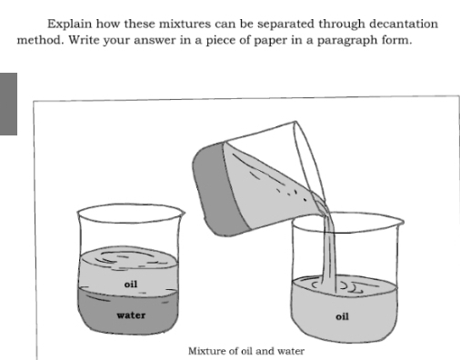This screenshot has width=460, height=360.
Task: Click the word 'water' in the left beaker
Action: point(131,315)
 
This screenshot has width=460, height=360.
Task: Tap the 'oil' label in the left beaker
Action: point(131,284)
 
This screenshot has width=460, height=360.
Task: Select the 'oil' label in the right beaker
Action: point(342,316)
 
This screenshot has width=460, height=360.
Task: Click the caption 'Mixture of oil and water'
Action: point(246,351)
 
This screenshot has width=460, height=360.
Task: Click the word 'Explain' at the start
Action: point(69,25)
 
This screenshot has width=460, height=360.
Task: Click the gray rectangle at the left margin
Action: point(8,104)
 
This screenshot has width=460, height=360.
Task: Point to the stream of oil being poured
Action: point(330,252)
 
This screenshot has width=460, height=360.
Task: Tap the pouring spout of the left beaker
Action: point(183,213)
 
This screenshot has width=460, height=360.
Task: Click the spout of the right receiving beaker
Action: point(402,222)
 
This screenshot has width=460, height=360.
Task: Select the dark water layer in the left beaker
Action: point(128,311)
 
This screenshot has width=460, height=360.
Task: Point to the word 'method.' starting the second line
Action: point(40,40)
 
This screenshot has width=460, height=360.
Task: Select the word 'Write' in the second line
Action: point(84,40)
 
